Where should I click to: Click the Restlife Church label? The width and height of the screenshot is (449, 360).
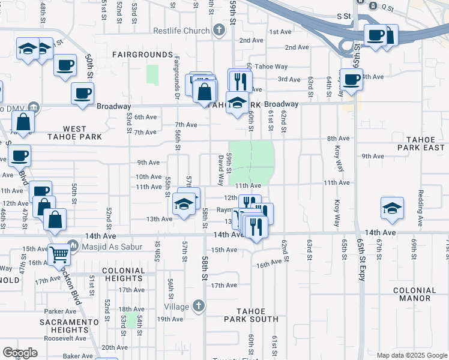[181, 31]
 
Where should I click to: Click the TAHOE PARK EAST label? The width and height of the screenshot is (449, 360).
[423, 143]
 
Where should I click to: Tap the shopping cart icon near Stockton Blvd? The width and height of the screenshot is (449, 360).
[59, 254]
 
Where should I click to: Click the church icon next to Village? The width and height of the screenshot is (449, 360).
[199, 306]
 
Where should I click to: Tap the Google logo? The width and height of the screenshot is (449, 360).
[20, 353]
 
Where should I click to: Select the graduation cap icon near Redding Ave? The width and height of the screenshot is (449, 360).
[392, 208]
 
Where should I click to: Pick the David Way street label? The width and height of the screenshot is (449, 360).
[220, 169]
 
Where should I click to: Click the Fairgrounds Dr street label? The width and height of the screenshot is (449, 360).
[178, 79]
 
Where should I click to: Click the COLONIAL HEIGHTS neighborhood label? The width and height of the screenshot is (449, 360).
[124, 275]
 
